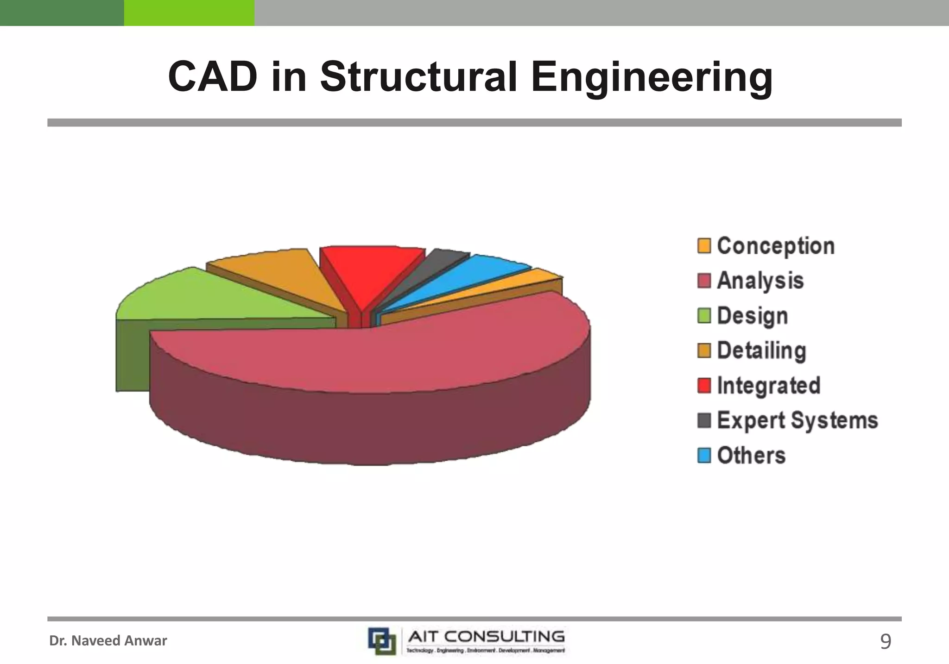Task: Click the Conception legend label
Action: pyautogui.click(x=776, y=246)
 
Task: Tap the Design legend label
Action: pyautogui.click(x=752, y=316)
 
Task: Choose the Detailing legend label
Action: pyautogui.click(x=761, y=351)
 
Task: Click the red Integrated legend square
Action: pyautogui.click(x=704, y=385)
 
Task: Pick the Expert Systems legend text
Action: pyautogui.click(x=797, y=420)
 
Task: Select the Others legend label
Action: pyautogui.click(x=751, y=455)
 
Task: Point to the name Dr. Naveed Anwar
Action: pyautogui.click(x=108, y=641)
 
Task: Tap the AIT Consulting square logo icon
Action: pyautogui.click(x=382, y=641)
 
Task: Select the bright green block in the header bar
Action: pyautogui.click(x=189, y=13)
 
